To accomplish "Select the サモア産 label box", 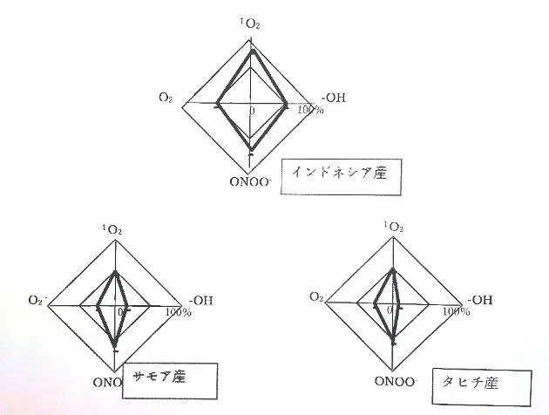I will [168, 380].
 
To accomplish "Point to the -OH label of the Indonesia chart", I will [334, 98].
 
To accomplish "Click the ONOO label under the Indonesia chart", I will [251, 182].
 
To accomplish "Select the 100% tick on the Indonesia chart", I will [310, 111].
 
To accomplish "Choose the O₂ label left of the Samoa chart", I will [36, 301].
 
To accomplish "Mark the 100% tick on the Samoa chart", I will [178, 312].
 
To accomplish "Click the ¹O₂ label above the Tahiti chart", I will [393, 228].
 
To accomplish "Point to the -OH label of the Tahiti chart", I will [478, 300].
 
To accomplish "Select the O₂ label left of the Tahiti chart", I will [316, 298].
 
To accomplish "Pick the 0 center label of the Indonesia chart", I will [253, 112].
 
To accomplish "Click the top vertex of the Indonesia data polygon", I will [252, 51].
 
